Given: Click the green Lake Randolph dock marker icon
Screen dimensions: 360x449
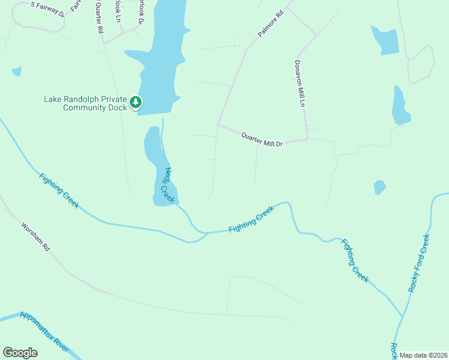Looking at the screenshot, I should tap(136, 103).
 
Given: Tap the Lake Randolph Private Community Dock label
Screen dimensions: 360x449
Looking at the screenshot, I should tap(86, 103).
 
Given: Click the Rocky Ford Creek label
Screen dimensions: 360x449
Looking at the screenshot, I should tap(420, 262).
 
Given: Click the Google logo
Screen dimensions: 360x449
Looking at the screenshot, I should tap(20, 353).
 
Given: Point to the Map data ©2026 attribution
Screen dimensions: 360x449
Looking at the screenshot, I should tap(424, 355).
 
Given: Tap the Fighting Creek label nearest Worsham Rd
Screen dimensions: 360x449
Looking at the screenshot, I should tap(59, 191).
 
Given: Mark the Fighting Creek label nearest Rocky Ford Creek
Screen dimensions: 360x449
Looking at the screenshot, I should tap(355, 260).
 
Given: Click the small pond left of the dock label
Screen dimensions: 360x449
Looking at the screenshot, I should tap(16, 71).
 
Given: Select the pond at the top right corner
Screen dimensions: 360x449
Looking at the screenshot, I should tap(386, 41).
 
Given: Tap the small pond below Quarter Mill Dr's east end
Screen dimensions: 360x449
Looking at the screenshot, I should tap(379, 187).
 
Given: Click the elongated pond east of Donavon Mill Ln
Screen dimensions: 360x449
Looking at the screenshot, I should tap(400, 106).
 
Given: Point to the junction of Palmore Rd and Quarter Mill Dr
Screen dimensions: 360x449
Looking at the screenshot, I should tap(218, 125).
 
